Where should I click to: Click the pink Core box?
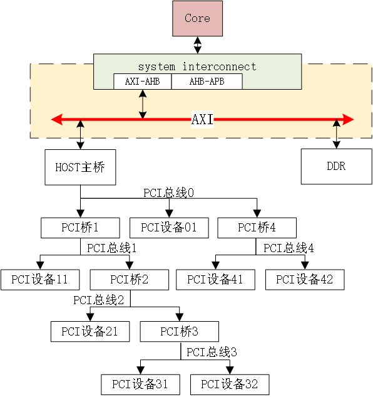(197, 18)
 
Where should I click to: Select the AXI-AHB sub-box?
(142, 82)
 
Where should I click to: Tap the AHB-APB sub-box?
(207, 82)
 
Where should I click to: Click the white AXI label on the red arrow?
(202, 119)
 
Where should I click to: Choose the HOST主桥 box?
(80, 167)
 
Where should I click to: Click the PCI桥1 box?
(80, 227)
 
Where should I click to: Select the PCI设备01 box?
(169, 227)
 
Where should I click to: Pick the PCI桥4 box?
(257, 227)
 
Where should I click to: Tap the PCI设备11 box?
(39, 279)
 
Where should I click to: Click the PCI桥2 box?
(129, 279)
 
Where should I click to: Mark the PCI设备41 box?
(215, 279)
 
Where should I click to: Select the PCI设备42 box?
(305, 279)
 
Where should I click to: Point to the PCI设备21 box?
(90, 331)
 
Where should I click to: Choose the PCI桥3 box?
(179, 331)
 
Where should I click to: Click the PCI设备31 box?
(140, 384)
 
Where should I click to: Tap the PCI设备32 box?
(229, 384)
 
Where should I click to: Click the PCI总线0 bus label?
(169, 193)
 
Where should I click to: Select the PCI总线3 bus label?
(212, 352)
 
